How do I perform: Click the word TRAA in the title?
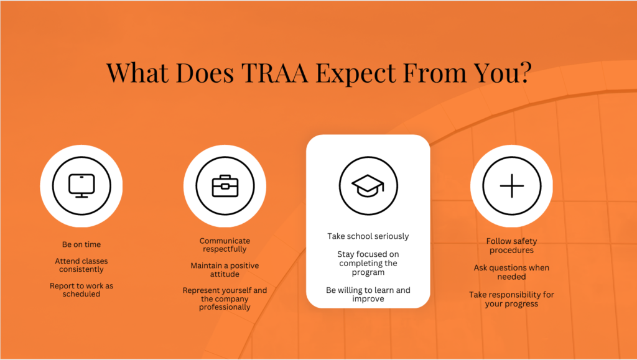coord(274,73)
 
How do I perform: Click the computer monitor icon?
coord(81,186)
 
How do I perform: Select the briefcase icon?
coord(225,186)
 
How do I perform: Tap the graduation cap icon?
coord(368,186)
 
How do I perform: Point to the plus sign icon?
coord(512,186)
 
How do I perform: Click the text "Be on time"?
coord(81,244)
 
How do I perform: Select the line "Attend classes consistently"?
coord(81,265)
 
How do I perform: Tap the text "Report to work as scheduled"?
coord(81,290)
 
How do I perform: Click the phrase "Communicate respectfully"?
coord(225,245)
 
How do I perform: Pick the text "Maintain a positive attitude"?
coord(225,269)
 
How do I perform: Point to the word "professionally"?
coord(225,307)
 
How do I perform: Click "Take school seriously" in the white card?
coord(368,236)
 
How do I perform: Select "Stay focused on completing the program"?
coord(368,263)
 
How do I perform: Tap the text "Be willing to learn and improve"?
coord(368,294)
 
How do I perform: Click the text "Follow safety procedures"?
coord(511,246)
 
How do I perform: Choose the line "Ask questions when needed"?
coord(511,272)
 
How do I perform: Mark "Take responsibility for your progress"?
coord(511,299)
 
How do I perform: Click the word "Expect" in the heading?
coord(356,73)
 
